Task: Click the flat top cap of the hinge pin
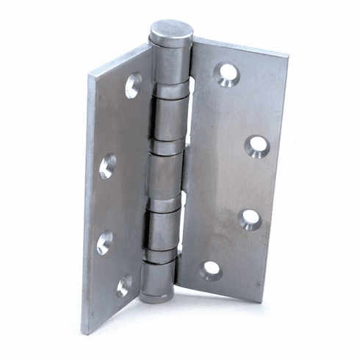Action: pos(171,30)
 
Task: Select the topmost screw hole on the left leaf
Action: pos(133,85)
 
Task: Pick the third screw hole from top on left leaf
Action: pos(104,242)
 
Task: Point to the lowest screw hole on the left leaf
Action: pos(125,286)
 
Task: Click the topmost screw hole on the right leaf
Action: pos(226,73)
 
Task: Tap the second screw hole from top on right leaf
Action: pos(256,145)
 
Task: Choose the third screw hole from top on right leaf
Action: pos(251,218)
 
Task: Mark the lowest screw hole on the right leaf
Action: pos(212,270)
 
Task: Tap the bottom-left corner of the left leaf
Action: pos(82,333)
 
